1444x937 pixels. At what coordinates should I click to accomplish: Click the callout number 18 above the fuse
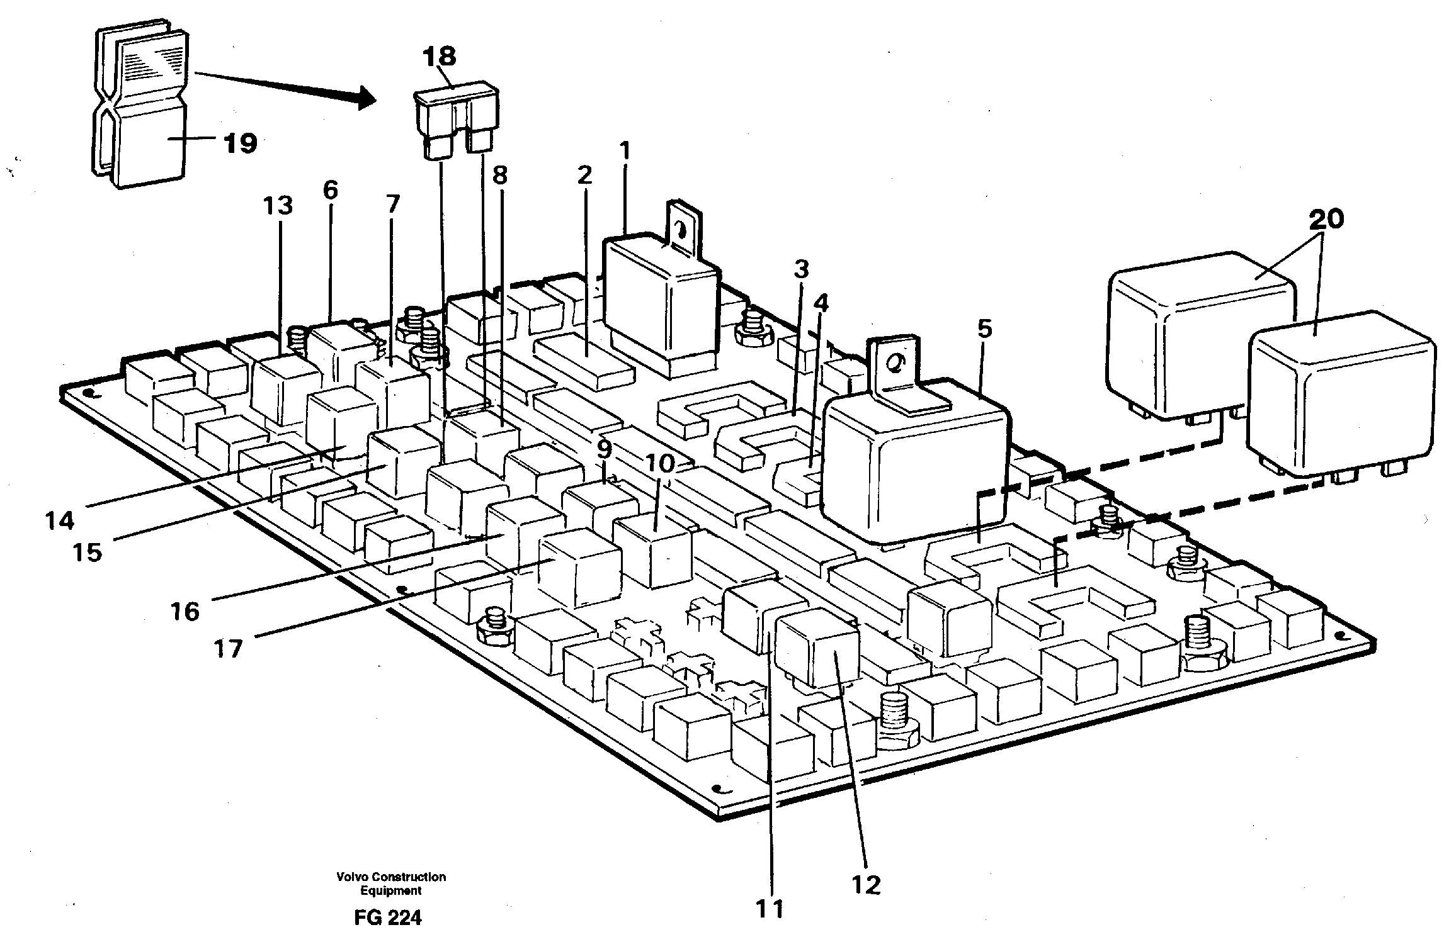(440, 57)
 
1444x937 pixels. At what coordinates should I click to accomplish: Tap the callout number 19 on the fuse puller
(240, 143)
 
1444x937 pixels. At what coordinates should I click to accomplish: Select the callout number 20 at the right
(1326, 219)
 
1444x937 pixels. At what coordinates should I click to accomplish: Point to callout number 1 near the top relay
(624, 151)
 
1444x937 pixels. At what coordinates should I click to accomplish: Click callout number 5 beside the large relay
(984, 328)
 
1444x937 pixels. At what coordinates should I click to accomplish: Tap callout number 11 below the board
(770, 909)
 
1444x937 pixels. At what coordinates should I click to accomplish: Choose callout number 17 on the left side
(228, 648)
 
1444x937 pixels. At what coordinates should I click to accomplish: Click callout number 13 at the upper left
(278, 206)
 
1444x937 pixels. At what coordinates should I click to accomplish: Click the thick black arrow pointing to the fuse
(283, 87)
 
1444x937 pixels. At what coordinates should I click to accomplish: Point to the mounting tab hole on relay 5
(894, 364)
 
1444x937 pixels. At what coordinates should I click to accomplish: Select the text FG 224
(387, 918)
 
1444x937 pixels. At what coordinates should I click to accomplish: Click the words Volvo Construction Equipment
(391, 884)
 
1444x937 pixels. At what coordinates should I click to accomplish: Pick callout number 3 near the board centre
(800, 271)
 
